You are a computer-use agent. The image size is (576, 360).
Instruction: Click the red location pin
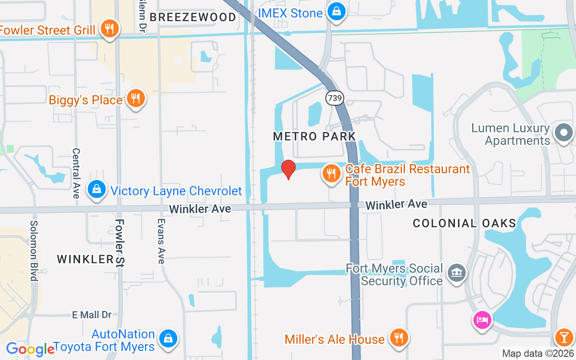point(288,169)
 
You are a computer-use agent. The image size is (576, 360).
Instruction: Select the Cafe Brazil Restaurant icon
point(332,173)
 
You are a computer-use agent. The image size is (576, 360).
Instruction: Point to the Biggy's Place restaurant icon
point(135,98)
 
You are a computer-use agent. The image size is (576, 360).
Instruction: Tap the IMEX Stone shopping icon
point(336,11)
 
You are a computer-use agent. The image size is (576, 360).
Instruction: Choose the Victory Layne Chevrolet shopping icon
point(97,189)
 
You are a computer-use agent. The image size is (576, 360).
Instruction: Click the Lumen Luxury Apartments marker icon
point(564,133)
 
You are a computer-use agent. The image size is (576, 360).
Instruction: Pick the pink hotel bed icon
point(482,320)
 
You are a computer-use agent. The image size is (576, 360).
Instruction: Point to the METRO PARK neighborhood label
point(315,136)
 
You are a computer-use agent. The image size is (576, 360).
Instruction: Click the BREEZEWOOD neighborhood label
point(193,18)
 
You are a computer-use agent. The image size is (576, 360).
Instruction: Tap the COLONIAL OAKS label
point(464,223)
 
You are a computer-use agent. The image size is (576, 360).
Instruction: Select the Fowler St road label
point(120,243)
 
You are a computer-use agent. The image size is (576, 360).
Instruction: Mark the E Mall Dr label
point(92,315)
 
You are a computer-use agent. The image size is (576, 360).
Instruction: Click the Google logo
point(30,349)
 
